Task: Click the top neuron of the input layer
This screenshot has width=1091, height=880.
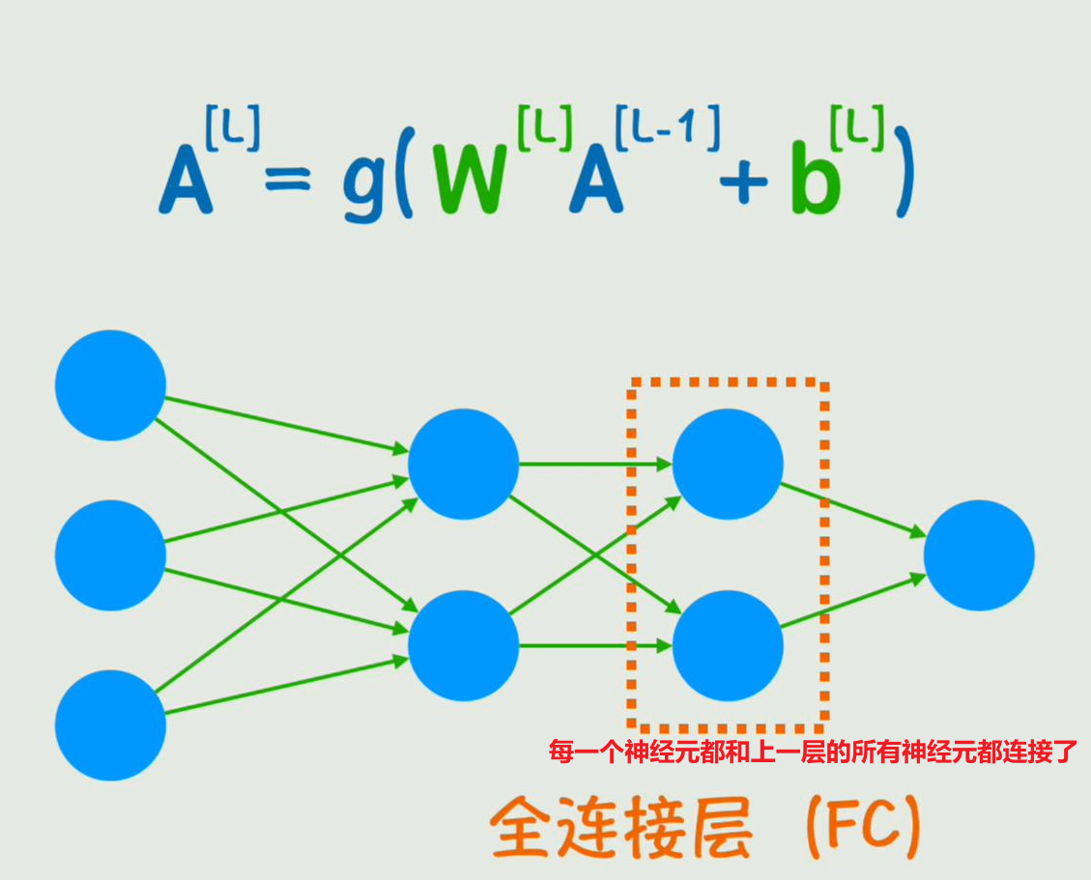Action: pos(110,385)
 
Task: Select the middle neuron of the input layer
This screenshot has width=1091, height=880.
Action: pos(110,555)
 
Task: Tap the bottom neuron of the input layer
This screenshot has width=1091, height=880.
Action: pos(110,725)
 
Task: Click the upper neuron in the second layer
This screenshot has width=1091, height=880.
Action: pos(464,464)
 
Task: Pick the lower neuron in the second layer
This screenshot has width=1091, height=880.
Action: pos(464,645)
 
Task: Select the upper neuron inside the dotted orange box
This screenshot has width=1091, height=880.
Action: pos(728,464)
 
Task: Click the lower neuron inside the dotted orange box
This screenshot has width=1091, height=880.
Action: pos(728,645)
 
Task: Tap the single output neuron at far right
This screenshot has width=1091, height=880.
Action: pos(979,555)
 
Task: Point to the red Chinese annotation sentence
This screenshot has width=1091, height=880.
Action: pos(812,752)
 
